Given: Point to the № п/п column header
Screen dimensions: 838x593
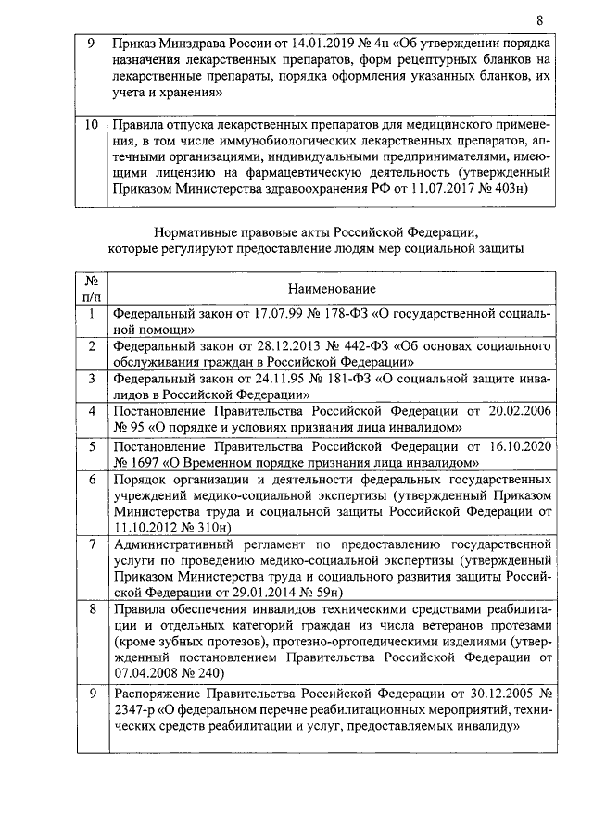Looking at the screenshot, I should tap(92, 289).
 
